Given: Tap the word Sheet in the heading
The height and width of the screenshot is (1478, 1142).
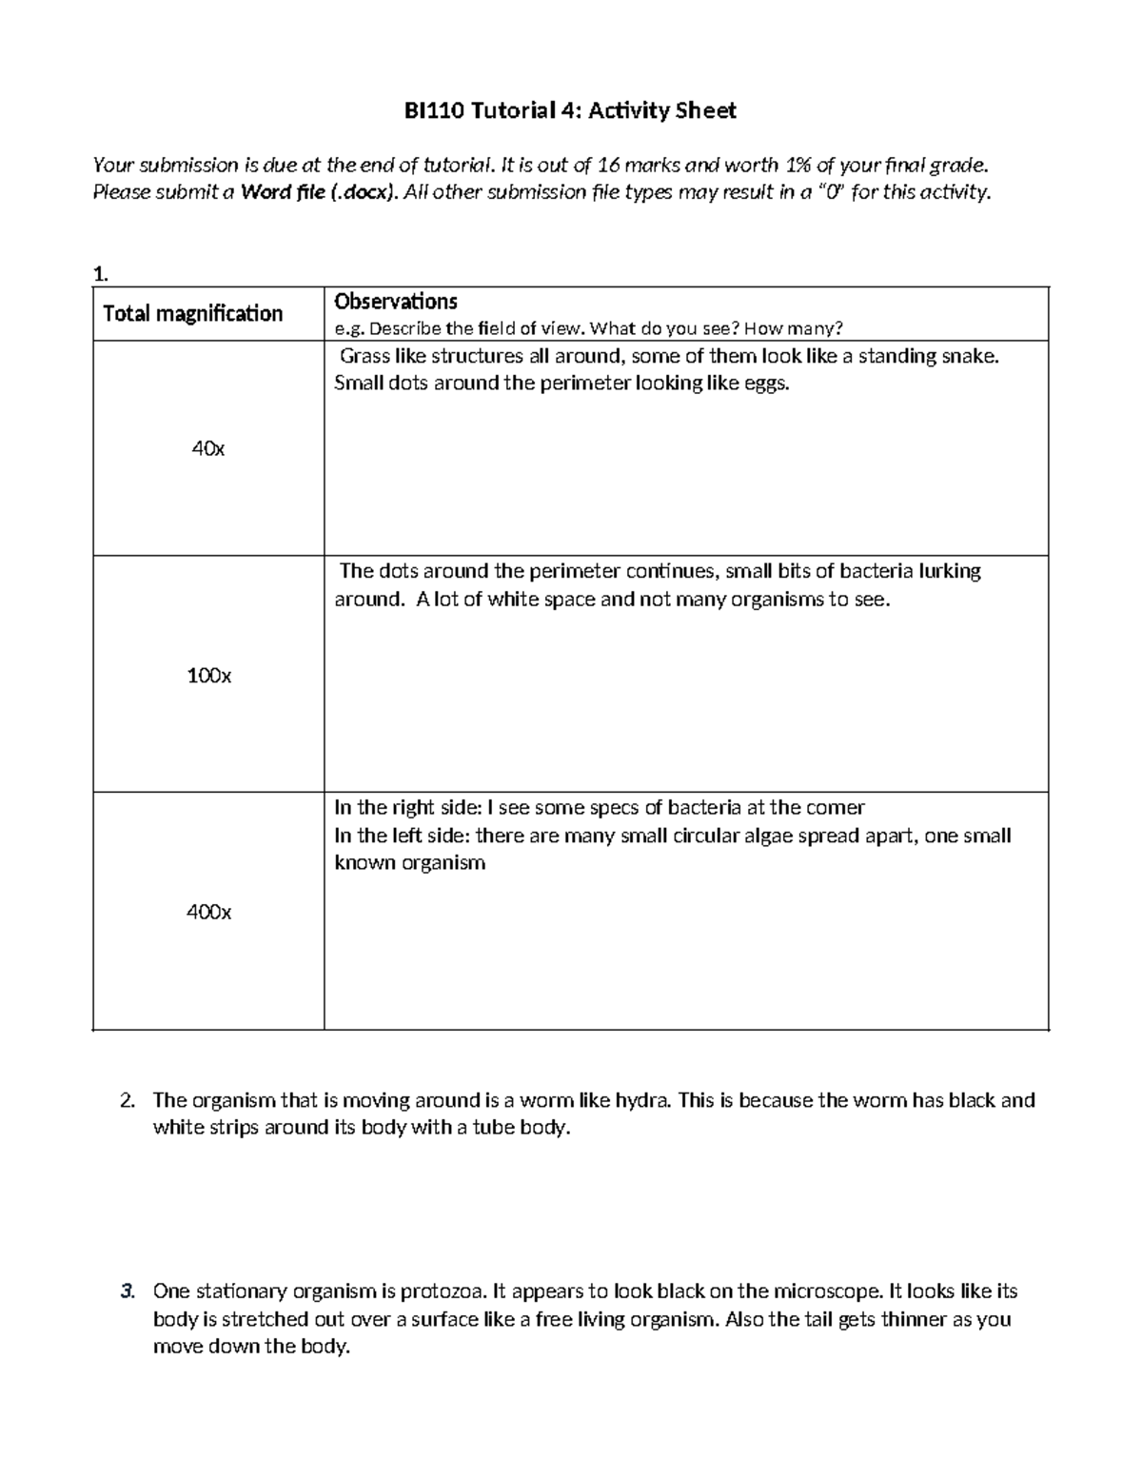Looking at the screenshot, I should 705,111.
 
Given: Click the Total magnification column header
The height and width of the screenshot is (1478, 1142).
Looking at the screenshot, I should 192,313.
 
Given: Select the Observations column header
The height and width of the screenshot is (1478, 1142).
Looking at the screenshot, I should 395,302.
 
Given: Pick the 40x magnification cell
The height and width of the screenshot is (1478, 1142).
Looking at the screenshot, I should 207,448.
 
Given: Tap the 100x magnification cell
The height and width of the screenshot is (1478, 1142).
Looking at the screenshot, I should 208,676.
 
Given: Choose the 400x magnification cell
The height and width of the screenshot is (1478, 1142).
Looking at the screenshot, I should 208,912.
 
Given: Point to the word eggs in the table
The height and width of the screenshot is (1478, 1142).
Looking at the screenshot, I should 768,384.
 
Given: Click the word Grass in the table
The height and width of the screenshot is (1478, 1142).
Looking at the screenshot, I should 363,357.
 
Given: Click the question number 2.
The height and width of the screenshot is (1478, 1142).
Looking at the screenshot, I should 127,1100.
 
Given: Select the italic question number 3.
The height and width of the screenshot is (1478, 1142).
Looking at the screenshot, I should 127,1291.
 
